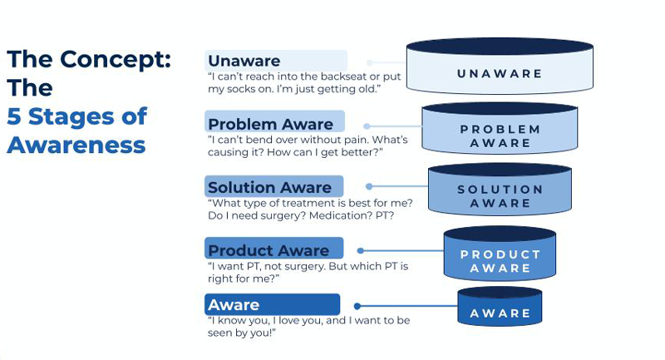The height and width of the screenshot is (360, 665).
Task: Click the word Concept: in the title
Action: tap(116, 60)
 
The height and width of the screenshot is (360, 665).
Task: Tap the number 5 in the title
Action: tap(13, 116)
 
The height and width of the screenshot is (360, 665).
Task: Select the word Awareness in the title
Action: tap(76, 145)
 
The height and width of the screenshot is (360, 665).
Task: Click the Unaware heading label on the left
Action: tap(244, 61)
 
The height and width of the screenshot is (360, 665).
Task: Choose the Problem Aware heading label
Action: tap(271, 124)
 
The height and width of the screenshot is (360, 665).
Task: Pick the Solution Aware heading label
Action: tap(269, 187)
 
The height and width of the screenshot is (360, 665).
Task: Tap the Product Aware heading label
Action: tap(268, 250)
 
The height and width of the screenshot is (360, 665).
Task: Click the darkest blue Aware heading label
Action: tap(234, 305)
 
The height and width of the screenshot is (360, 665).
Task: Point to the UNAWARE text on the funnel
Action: tap(500, 74)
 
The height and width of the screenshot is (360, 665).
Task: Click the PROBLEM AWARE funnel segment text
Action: tap(500, 136)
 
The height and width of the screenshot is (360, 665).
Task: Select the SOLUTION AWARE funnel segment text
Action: tap(500, 196)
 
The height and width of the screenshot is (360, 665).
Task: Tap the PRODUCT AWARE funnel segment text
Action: tap(500, 261)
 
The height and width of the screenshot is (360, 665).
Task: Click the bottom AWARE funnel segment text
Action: tap(500, 313)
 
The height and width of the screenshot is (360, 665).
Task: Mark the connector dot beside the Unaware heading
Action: tap(369, 62)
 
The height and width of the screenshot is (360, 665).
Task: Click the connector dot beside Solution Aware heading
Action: tap(369, 186)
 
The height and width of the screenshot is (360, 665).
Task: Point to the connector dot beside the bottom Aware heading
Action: tap(357, 306)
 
